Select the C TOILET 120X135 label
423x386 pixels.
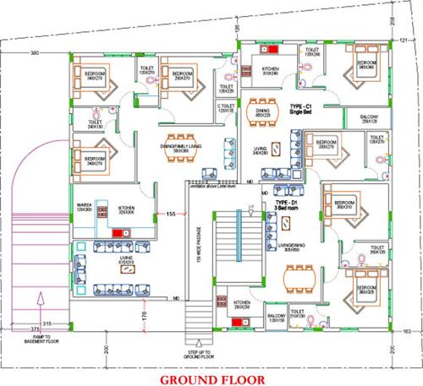(225, 108)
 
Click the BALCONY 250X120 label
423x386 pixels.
(369, 120)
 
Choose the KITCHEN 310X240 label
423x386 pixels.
(271, 70)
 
